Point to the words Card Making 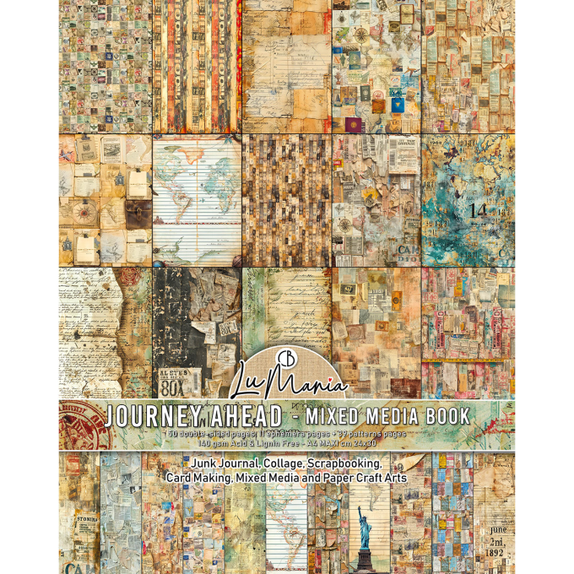[x=198, y=478]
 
